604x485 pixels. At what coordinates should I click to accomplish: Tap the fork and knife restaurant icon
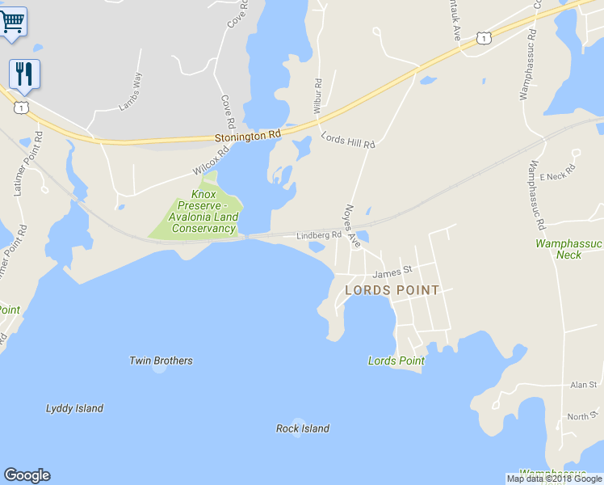(24, 74)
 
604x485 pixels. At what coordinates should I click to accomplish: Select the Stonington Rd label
(248, 137)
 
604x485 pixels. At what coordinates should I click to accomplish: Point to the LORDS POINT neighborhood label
(392, 290)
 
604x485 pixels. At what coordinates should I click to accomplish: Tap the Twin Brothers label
(161, 361)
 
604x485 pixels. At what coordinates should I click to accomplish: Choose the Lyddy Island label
(74, 408)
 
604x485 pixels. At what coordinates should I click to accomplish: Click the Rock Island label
(303, 428)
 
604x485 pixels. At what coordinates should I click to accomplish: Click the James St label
(392, 269)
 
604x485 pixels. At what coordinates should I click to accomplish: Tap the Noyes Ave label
(353, 225)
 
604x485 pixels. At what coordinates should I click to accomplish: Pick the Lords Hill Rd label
(348, 140)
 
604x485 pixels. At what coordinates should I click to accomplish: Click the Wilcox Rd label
(212, 160)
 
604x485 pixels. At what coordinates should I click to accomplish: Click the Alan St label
(582, 385)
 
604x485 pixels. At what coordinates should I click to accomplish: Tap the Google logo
(27, 475)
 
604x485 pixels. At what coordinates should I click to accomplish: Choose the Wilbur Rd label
(317, 95)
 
